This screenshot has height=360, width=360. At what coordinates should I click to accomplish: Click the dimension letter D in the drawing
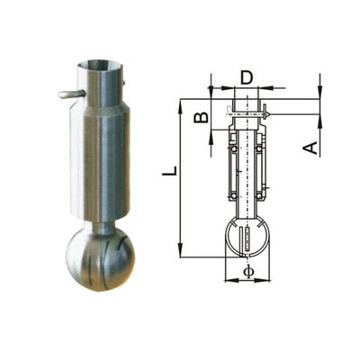pyautogui.click(x=247, y=77)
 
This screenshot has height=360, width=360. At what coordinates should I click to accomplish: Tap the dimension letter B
pyautogui.click(x=201, y=118)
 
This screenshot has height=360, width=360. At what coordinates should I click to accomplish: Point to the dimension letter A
pyautogui.click(x=311, y=148)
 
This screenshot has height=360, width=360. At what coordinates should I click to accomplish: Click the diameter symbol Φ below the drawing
pyautogui.click(x=248, y=271)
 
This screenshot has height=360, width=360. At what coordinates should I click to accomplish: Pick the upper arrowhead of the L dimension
pyautogui.click(x=180, y=107)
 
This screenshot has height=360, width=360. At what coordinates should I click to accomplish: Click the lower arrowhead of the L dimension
pyautogui.click(x=180, y=249)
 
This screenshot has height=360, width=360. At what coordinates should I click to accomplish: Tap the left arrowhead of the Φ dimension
pyautogui.click(x=232, y=280)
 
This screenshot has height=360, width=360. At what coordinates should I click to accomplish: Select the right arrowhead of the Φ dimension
pyautogui.click(x=263, y=280)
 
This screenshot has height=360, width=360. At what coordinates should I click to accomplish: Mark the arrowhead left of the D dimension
pyautogui.click(x=228, y=88)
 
